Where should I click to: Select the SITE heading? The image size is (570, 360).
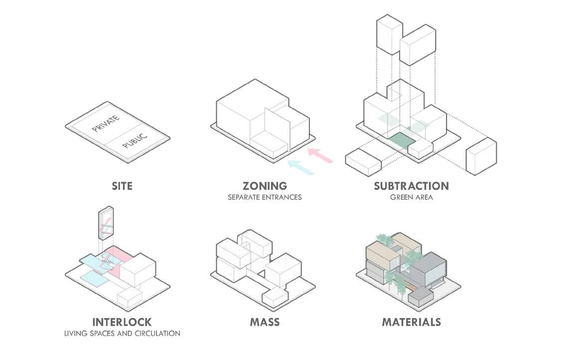(122, 186)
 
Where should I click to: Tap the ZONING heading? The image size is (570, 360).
(265, 186)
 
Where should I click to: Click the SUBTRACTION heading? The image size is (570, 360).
(411, 186)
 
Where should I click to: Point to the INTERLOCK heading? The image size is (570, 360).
(122, 322)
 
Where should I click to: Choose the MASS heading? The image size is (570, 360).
(265, 322)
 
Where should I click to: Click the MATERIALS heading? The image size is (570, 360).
(411, 322)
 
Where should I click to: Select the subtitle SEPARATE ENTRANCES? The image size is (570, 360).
(265, 197)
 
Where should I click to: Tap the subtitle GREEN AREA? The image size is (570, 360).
(411, 197)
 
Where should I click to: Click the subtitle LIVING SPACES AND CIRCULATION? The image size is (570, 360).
(122, 333)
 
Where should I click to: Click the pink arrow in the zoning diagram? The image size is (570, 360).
(320, 155)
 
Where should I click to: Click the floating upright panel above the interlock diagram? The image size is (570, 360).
(106, 225)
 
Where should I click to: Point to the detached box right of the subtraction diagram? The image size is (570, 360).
(481, 156)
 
